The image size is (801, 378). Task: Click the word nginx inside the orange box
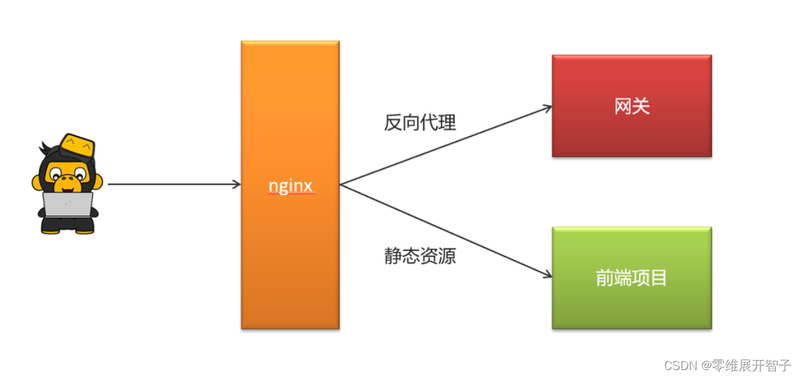[290, 185]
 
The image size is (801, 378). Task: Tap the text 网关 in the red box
[631, 106]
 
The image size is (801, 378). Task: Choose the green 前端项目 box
[631, 306]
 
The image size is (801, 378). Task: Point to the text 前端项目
[631, 278]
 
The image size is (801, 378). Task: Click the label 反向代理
[420, 123]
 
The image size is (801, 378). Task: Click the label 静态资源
[420, 256]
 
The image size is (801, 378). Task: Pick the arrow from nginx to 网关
[445, 145]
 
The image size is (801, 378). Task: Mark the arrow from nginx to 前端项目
[445, 230]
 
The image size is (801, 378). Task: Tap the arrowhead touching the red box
[547, 107]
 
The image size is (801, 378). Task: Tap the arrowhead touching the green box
[547, 274]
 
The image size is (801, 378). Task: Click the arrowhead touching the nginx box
[236, 184]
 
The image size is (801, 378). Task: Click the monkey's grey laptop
[68, 204]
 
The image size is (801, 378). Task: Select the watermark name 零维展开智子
[751, 365]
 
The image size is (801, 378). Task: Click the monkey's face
[67, 177]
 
